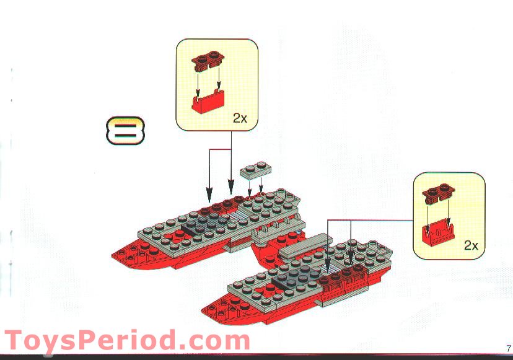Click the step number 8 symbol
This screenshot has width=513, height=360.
tap(125, 130)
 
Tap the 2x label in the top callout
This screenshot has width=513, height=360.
tap(240, 118)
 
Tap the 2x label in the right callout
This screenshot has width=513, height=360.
tap(471, 245)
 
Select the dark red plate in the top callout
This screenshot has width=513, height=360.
tap(207, 60)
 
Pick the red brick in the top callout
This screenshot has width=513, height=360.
tap(208, 102)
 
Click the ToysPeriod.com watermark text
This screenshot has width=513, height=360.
tap(126, 341)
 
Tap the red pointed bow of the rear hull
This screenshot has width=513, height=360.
tap(127, 253)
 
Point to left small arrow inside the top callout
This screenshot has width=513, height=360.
tap(198, 81)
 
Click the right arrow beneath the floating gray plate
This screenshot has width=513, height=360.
tap(261, 188)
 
